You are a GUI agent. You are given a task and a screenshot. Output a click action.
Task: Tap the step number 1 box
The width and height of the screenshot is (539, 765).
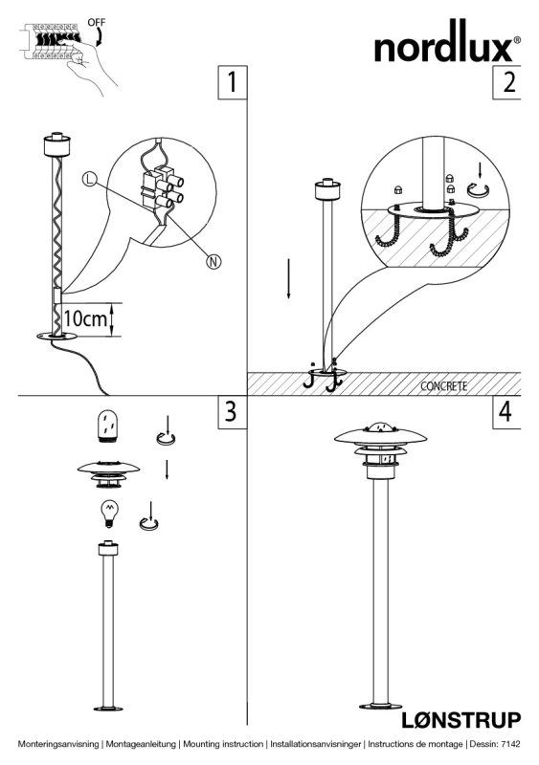click(x=232, y=82)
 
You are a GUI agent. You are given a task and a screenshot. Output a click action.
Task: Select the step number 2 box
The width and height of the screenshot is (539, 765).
click(x=506, y=82)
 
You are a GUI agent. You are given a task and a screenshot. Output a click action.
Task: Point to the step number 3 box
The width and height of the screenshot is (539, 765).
click(x=232, y=412)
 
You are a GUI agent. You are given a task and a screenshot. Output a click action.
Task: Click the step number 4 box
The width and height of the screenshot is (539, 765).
click(x=506, y=412)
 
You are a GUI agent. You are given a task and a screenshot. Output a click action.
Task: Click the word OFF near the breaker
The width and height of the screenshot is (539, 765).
click(x=97, y=22)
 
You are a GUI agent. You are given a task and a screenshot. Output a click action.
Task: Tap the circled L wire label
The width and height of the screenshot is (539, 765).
click(x=89, y=180)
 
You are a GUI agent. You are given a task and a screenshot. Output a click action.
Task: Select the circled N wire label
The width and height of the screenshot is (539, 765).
click(x=213, y=261)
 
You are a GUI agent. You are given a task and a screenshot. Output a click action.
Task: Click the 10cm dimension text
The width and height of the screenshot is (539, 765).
click(x=85, y=318)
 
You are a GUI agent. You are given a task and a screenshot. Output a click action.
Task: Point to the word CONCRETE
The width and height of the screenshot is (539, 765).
click(x=443, y=386)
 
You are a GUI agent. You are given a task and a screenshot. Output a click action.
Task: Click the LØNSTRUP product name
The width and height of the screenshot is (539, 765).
click(x=461, y=720)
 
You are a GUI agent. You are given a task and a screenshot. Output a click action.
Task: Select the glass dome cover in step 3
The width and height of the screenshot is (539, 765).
click(x=108, y=426)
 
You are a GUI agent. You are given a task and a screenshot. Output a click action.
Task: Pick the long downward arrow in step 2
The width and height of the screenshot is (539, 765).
click(x=289, y=278)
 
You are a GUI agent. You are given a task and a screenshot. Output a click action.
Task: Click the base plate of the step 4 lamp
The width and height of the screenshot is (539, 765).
click(x=380, y=706)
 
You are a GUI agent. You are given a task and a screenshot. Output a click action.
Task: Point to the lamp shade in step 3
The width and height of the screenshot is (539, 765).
click(x=108, y=474)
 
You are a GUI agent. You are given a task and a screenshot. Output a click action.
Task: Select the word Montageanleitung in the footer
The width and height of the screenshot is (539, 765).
click(x=141, y=744)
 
